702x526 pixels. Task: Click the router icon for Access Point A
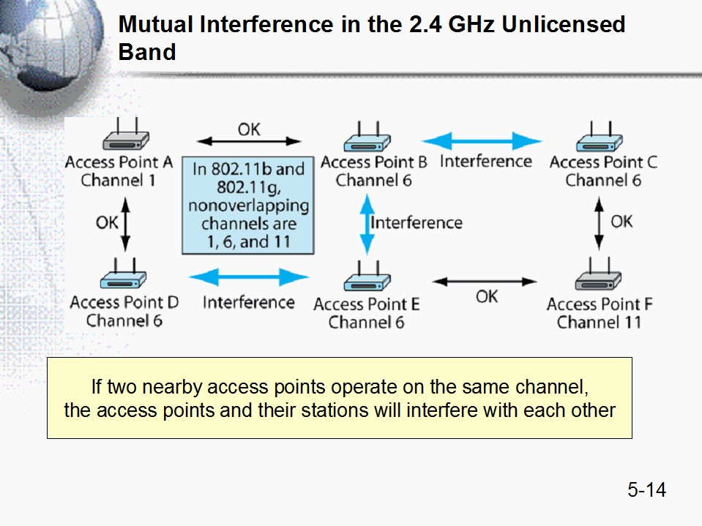[125, 137]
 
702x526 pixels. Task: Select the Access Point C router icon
[600, 138]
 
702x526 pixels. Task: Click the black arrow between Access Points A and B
[249, 141]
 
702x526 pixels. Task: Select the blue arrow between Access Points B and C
[482, 141]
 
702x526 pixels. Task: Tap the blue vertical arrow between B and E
[364, 223]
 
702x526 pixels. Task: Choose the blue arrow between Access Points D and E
[249, 277]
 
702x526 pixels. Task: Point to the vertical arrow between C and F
[600, 223]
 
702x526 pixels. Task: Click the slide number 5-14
[646, 489]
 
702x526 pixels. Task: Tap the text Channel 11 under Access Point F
[599, 322]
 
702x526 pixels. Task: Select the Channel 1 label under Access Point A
[119, 180]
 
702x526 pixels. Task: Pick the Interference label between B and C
[485, 162]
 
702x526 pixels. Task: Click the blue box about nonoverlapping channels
[248, 206]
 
